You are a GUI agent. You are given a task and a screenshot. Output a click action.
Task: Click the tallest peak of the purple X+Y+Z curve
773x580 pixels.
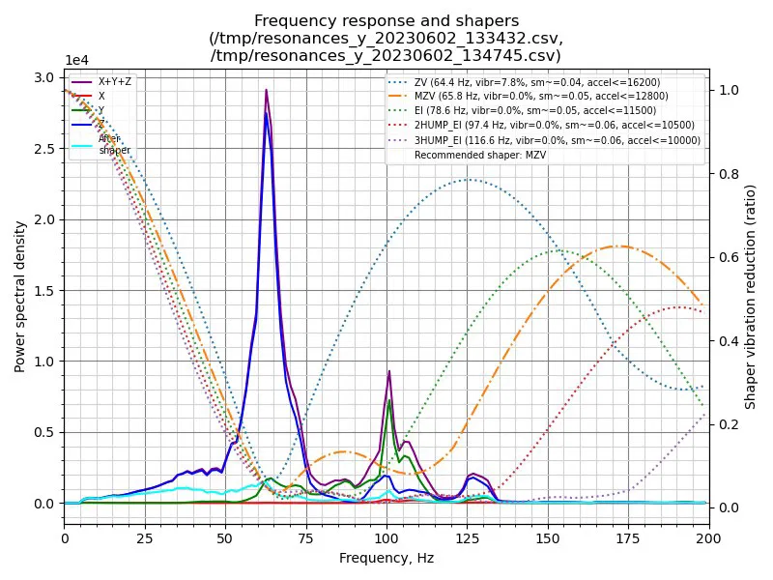coord(266,90)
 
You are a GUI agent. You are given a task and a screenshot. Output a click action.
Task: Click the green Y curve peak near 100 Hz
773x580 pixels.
coord(389,400)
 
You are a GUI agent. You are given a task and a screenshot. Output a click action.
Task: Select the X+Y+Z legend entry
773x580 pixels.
coord(114,81)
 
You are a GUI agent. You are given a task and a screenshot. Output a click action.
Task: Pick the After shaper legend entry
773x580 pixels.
coord(114,144)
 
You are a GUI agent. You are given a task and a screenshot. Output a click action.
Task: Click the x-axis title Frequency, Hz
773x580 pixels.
coord(386,558)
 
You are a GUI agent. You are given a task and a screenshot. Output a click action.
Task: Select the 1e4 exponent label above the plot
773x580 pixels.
coord(77,60)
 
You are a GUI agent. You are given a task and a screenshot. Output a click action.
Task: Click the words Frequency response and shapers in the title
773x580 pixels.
coord(386,20)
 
